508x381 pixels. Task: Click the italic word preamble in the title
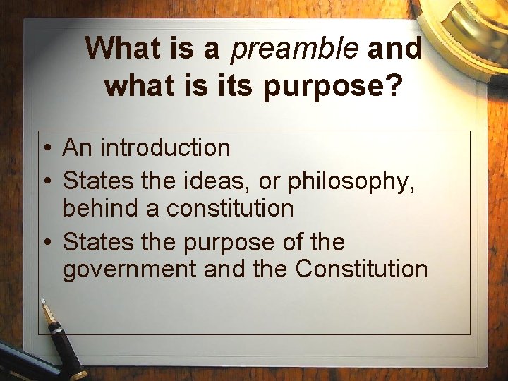coord(295,49)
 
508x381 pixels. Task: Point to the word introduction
coord(165,147)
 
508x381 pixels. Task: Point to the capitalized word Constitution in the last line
coord(361,269)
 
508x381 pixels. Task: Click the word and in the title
coord(395,49)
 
